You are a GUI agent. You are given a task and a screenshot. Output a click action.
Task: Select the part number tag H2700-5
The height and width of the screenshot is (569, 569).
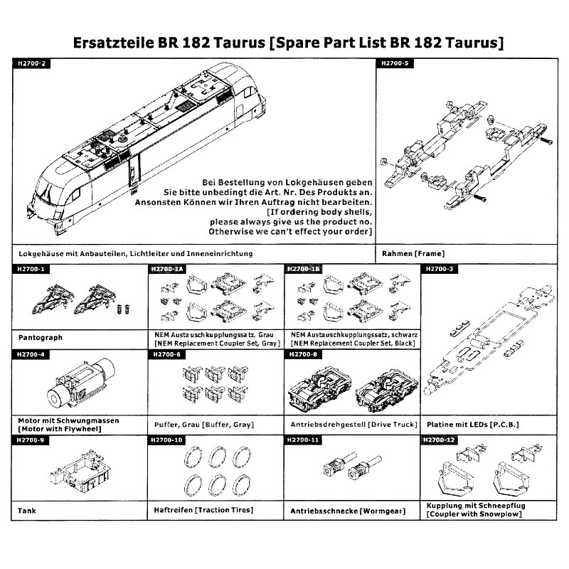(x=395, y=63)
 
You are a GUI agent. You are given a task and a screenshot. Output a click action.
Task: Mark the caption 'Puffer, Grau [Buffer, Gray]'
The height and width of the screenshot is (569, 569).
(x=204, y=425)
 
